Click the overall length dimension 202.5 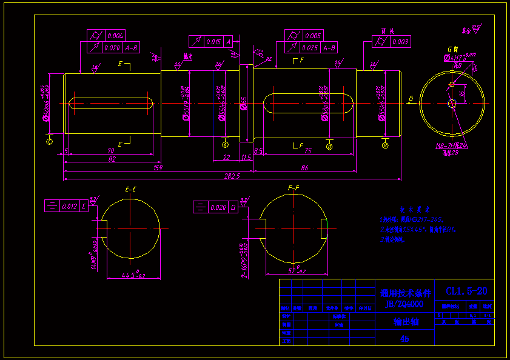coord(232,176)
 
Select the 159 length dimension coord(158,167)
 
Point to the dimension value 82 coord(112,159)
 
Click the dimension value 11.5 coord(246,157)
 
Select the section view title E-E coord(130,190)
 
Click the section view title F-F coord(294,188)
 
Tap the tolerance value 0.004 coord(115,35)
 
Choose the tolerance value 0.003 coord(400,42)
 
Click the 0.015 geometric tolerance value coord(213,42)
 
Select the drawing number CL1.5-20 coord(466,292)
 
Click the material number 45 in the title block coord(404,339)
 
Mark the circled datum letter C coord(49,141)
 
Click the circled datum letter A coord(226,144)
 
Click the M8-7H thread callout coord(446,145)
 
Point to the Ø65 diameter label coord(244,103)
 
